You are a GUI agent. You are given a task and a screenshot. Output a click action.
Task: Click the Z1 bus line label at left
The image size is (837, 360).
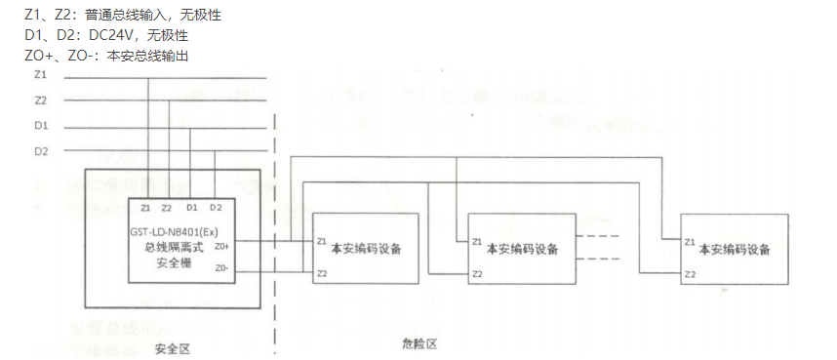click(x=40, y=75)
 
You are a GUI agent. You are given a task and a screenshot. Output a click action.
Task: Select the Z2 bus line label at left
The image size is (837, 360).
click(x=40, y=100)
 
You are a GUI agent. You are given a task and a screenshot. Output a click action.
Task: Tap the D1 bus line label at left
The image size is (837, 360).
click(x=40, y=126)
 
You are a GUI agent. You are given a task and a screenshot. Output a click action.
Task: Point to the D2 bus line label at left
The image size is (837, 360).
click(x=40, y=151)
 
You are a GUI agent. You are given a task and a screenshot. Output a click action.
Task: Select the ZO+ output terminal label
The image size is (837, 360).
click(x=222, y=247)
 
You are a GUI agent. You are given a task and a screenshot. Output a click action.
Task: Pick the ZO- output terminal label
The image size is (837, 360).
click(x=222, y=267)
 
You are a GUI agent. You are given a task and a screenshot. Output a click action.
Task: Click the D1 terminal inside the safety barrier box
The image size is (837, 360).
click(x=192, y=208)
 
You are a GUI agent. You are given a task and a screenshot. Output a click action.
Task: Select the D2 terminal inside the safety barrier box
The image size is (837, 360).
click(x=216, y=208)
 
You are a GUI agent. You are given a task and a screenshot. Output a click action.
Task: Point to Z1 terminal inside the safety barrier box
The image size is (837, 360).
click(x=145, y=208)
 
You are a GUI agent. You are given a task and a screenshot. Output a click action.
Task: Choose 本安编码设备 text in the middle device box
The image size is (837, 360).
click(x=522, y=249)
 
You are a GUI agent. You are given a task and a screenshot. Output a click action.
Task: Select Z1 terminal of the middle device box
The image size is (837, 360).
click(x=477, y=241)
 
